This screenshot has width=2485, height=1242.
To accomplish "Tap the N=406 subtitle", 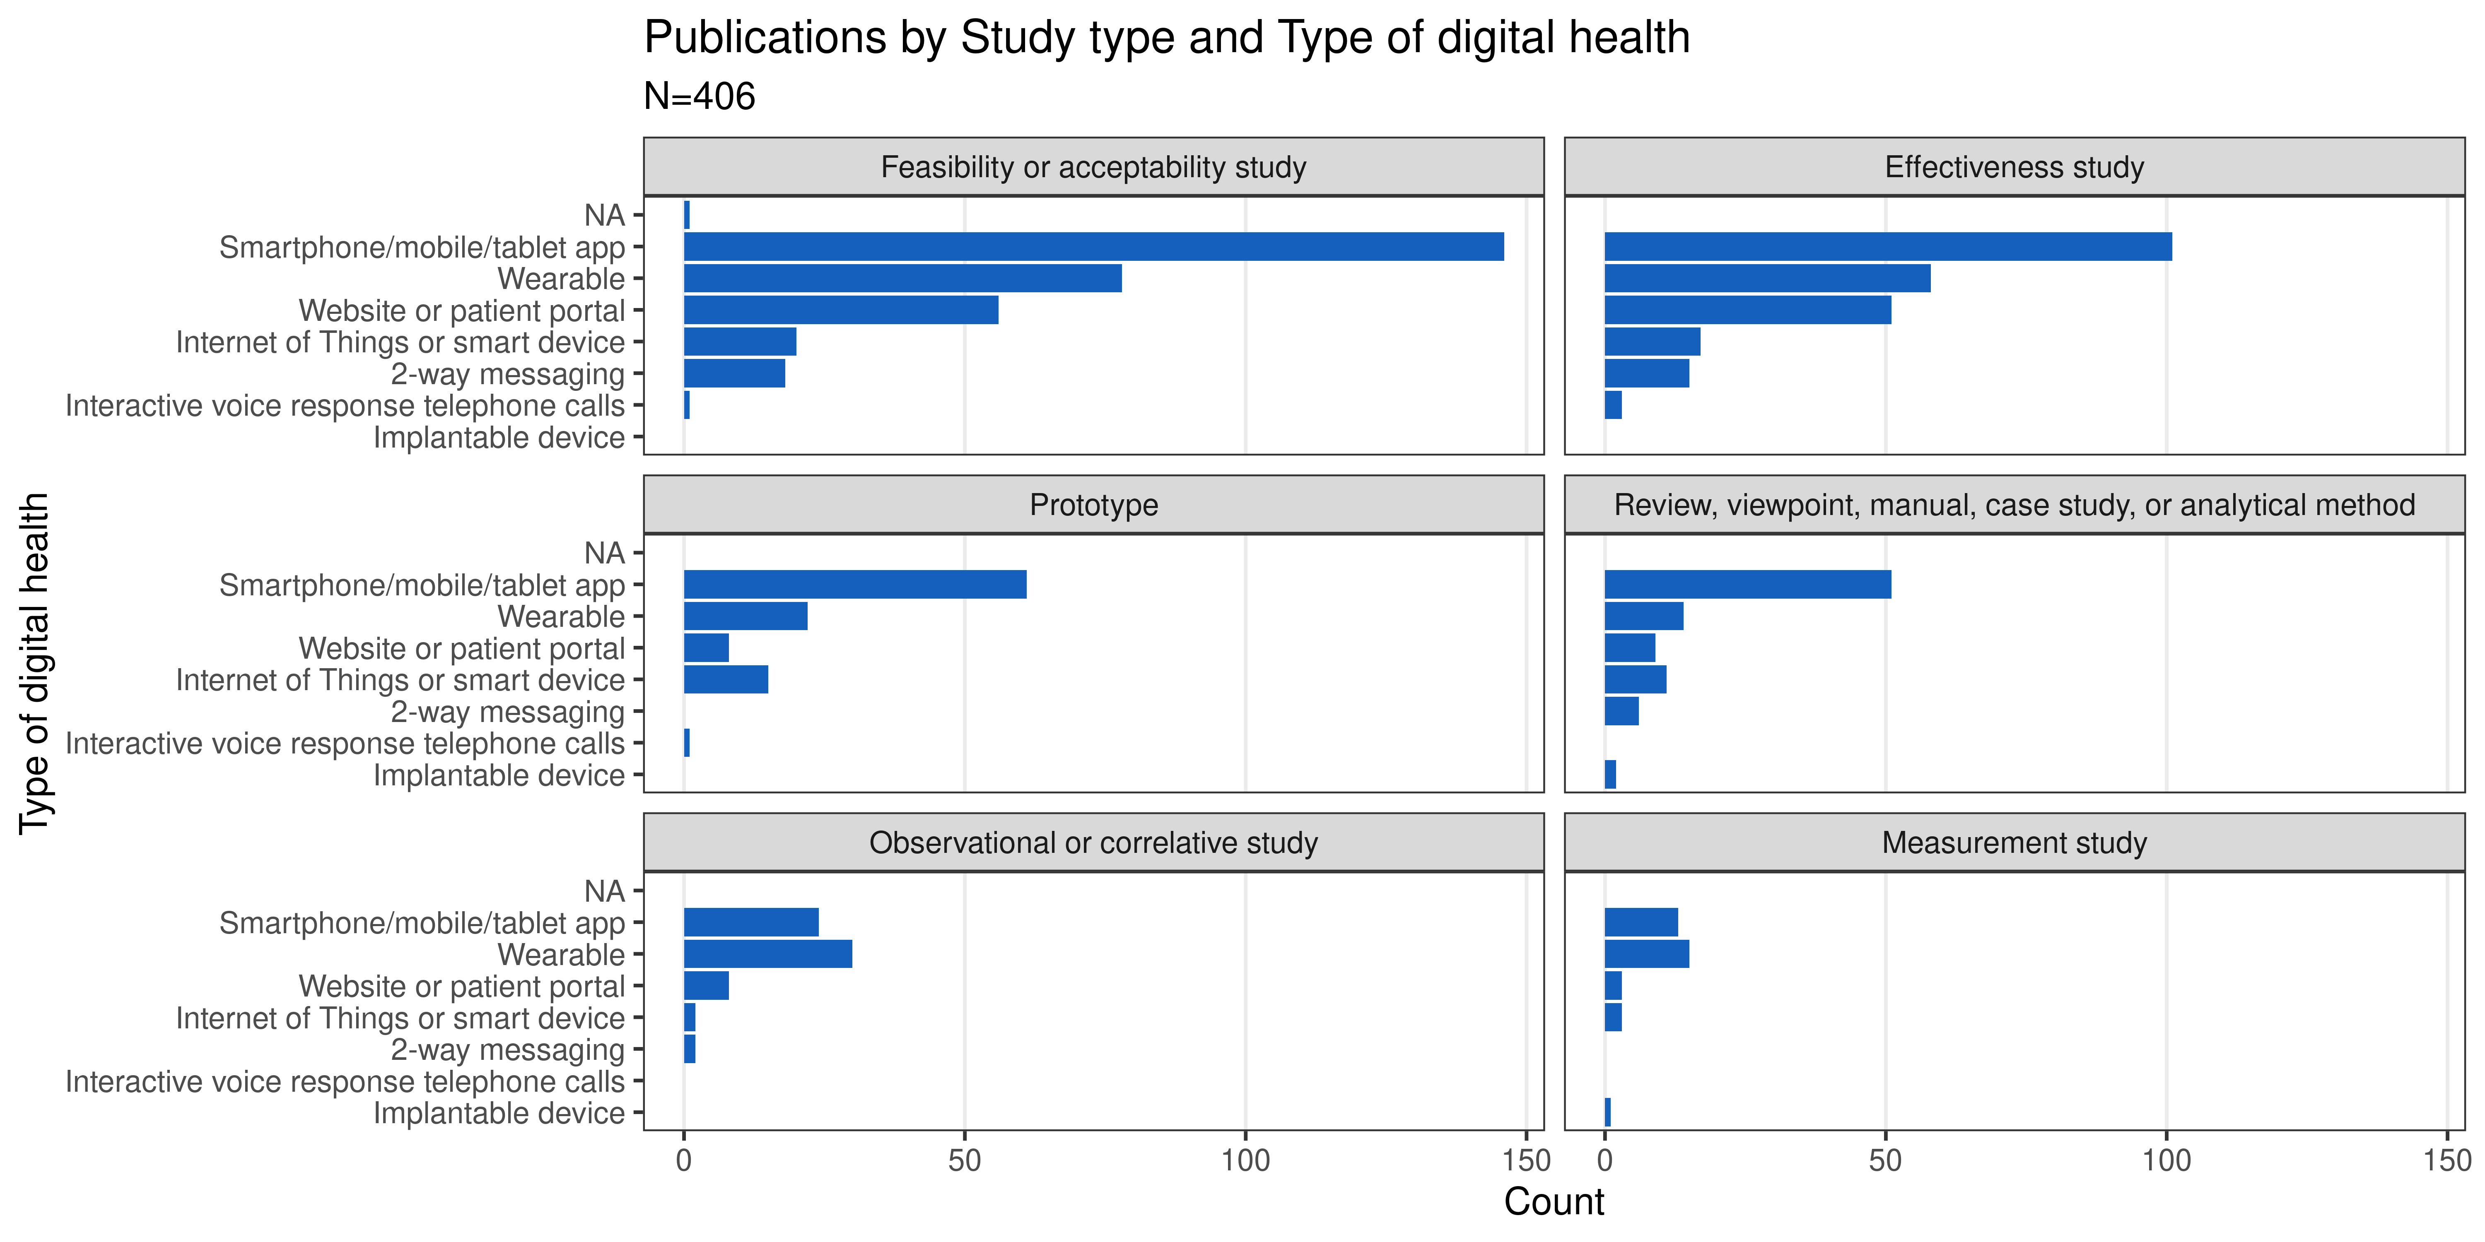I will click(x=700, y=96).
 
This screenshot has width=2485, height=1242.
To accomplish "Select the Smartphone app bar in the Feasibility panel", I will click(x=1093, y=247).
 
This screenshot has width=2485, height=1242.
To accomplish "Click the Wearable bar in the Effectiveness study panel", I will click(x=1767, y=279).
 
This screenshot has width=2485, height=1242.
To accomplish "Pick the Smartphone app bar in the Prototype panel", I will click(x=855, y=584).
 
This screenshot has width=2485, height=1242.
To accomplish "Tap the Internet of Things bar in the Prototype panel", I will click(x=726, y=680).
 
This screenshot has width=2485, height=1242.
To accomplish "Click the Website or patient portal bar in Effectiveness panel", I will click(x=1747, y=310).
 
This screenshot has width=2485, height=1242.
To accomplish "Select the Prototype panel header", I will click(x=1093, y=505).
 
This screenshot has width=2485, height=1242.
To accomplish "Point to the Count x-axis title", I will click(x=1553, y=1201).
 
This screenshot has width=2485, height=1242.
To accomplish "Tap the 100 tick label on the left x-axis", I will click(x=1245, y=1161).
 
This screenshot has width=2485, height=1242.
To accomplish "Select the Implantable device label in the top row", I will click(x=499, y=438).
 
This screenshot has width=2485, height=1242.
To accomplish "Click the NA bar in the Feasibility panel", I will click(x=687, y=215).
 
